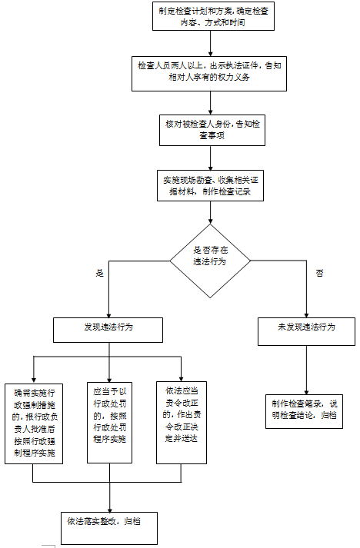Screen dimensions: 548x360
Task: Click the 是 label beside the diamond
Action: [x=99, y=274]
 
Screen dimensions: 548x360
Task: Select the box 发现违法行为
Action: [x=108, y=328]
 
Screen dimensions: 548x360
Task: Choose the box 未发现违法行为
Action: [x=306, y=327]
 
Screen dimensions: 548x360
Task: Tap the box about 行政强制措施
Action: [x=34, y=423]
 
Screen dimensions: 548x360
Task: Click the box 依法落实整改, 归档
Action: [x=108, y=524]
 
